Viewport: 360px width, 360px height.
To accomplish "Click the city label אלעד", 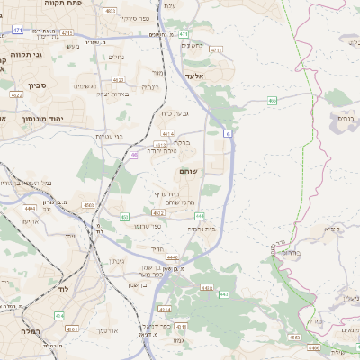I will (x=194, y=77).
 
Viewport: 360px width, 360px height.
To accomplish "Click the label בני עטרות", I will (x=108, y=136).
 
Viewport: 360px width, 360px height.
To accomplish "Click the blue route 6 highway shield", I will (x=229, y=133).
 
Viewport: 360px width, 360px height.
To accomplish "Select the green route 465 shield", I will (x=272, y=101).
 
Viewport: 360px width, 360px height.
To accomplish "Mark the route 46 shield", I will (x=133, y=155).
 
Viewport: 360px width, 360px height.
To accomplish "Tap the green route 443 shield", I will (x=224, y=294).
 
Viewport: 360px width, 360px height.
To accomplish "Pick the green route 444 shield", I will (x=199, y=215).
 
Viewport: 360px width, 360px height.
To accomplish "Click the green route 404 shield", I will (x=59, y=316).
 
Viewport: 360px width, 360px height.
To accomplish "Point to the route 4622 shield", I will (x=16, y=94).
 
